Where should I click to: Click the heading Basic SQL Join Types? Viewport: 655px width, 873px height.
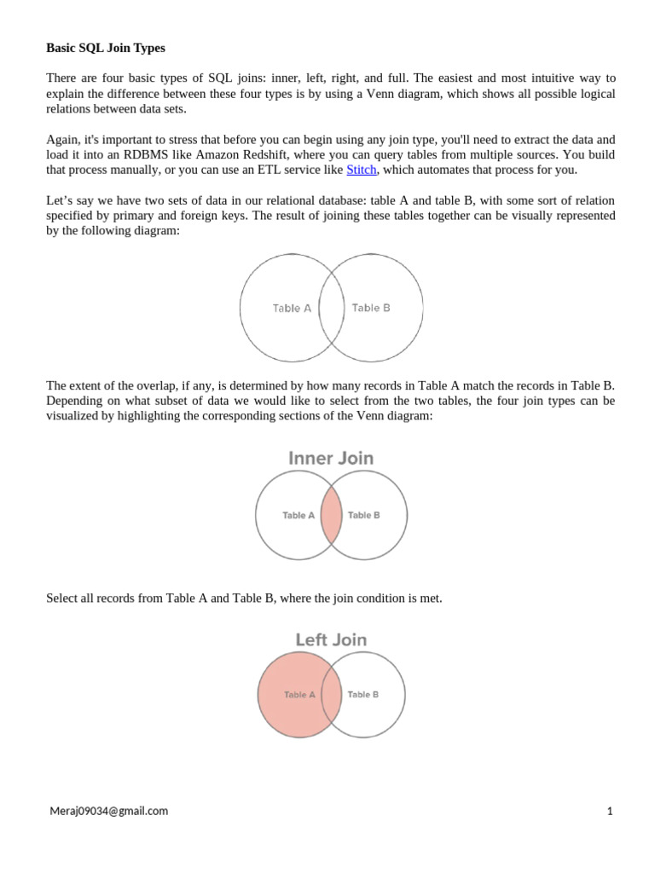pyautogui.click(x=105, y=48)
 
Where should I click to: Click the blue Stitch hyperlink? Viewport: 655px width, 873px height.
pyautogui.click(x=361, y=170)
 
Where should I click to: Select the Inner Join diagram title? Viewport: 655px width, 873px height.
pyautogui.click(x=331, y=458)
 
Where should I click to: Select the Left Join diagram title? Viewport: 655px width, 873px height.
pyautogui.click(x=331, y=639)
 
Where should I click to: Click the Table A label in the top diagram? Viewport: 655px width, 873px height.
pyautogui.click(x=292, y=309)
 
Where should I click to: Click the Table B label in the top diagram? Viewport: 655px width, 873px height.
pyautogui.click(x=371, y=308)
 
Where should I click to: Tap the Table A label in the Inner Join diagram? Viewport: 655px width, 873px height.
pyautogui.click(x=299, y=515)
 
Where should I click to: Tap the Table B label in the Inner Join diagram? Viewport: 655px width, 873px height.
pyautogui.click(x=364, y=515)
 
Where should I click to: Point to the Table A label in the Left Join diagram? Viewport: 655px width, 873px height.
pyautogui.click(x=299, y=695)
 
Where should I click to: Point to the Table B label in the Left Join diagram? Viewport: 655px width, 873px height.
pyautogui.click(x=363, y=695)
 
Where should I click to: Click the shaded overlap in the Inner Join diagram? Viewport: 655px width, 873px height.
pyautogui.click(x=332, y=515)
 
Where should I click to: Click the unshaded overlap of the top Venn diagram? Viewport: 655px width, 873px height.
pyautogui.click(x=331, y=308)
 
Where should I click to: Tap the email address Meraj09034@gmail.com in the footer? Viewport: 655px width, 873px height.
pyautogui.click(x=108, y=811)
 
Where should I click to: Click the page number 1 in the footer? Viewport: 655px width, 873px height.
pyautogui.click(x=610, y=811)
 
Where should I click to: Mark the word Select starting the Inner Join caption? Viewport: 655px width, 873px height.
pyautogui.click(x=63, y=598)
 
